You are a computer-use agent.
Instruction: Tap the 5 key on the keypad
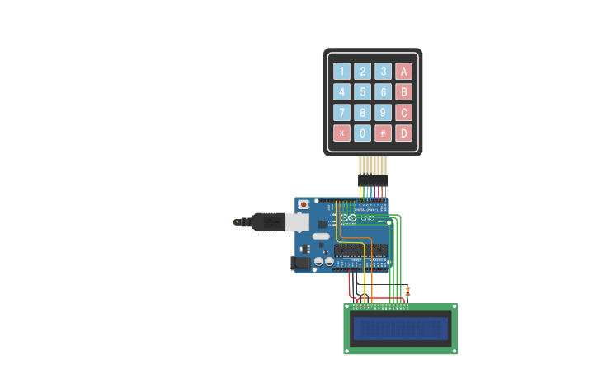coord(362,91)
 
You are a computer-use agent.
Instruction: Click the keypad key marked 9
coord(383,112)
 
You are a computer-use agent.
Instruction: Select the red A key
coord(403,71)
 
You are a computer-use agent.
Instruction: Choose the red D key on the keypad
coord(403,133)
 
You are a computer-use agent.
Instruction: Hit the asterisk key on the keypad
coord(341,133)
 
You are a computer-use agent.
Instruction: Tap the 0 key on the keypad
coord(362,133)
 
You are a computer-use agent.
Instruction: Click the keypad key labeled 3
coord(383,71)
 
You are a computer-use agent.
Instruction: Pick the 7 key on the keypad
coord(341,112)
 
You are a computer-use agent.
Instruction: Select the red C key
coord(403,112)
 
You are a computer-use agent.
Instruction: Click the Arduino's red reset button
coord(304,204)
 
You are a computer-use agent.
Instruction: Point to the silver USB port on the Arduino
coord(296,221)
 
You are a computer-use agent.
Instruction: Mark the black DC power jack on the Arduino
coord(300,263)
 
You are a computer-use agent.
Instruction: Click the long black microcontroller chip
coord(360,250)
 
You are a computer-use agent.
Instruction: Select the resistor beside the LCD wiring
coord(407,291)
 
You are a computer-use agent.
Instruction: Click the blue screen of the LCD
coord(400,329)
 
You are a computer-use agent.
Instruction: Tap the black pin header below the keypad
coord(373,180)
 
